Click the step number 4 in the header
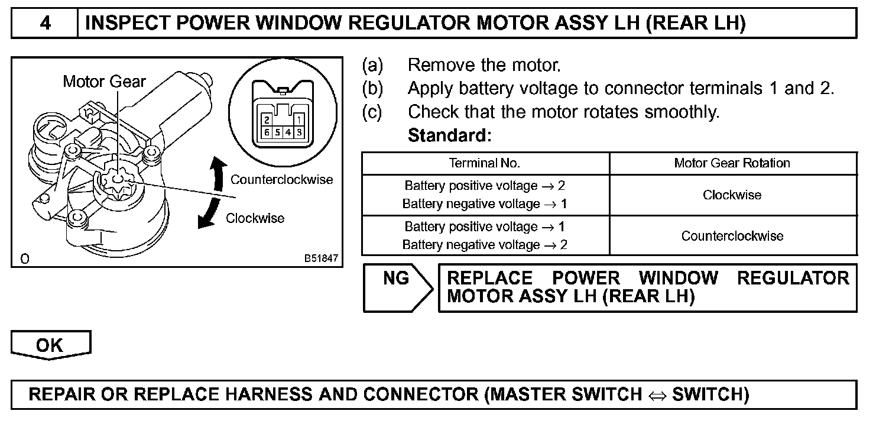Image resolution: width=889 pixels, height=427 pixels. click(x=45, y=23)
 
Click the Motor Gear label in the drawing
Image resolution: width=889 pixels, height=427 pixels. click(x=104, y=82)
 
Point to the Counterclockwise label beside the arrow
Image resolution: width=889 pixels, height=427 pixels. click(x=281, y=179)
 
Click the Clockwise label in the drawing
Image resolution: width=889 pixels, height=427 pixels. click(x=255, y=218)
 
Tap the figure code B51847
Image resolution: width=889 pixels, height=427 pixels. click(x=322, y=258)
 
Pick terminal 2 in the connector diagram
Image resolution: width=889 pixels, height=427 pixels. click(x=267, y=120)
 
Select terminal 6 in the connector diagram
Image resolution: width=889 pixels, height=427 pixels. click(x=267, y=132)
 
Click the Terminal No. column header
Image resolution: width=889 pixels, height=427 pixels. click(x=485, y=163)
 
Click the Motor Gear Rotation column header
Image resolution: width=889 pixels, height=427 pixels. click(x=732, y=163)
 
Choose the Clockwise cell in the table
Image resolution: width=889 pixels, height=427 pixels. click(x=732, y=195)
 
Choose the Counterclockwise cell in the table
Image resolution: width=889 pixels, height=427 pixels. click(x=732, y=236)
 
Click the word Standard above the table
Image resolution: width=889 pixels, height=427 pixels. click(x=449, y=135)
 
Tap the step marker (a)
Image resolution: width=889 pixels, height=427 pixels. click(x=372, y=64)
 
